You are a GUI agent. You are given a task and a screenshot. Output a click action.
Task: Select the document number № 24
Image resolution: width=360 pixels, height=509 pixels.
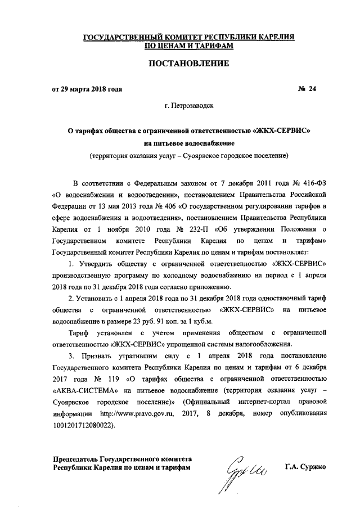point(307,89)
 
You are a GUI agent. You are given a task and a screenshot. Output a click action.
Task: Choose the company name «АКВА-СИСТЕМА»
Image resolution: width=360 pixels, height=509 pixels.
point(80,389)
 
